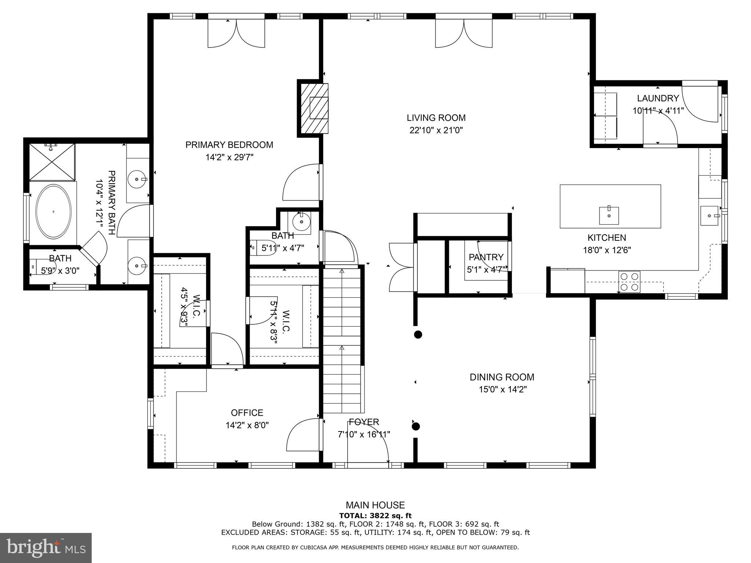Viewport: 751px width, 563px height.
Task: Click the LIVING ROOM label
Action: (x=436, y=118)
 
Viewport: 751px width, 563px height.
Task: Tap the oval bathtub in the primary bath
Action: (x=53, y=211)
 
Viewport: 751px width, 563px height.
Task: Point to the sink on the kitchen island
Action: (x=609, y=216)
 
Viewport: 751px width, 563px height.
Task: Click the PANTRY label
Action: (x=486, y=257)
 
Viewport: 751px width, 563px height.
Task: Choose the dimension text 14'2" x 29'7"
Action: (x=229, y=157)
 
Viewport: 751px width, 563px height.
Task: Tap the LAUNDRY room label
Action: (x=658, y=98)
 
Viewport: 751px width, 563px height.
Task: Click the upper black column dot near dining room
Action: (x=418, y=334)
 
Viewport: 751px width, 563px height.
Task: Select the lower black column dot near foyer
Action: (x=415, y=426)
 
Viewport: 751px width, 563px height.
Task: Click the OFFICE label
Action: (x=247, y=413)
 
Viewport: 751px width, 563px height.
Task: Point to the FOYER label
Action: (x=364, y=422)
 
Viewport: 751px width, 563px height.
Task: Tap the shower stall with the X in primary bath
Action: (x=52, y=162)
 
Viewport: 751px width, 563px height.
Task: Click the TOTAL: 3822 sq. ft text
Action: (x=375, y=516)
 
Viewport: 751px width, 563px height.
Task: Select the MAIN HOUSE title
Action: (x=375, y=505)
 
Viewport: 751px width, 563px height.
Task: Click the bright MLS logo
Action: (x=46, y=548)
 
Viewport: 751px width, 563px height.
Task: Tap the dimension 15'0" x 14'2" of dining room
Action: (x=502, y=389)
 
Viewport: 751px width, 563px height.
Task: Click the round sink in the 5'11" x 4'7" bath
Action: (x=301, y=221)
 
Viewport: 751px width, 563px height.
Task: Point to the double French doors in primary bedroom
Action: (x=236, y=33)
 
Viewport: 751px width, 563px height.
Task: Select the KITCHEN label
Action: (x=607, y=238)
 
